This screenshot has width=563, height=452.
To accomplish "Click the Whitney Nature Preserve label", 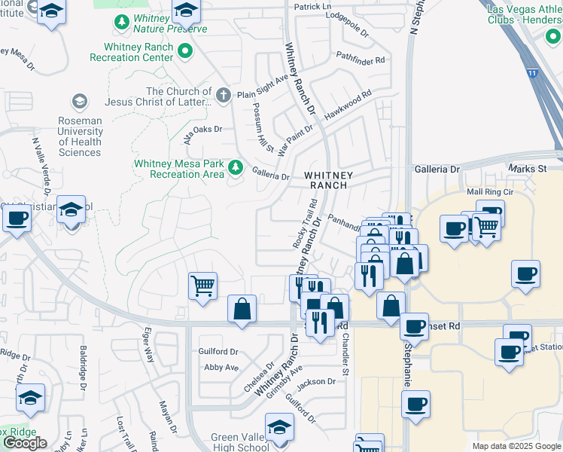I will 169,23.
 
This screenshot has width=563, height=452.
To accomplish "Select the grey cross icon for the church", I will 222,95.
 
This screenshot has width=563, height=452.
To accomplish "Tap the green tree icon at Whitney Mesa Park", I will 236,167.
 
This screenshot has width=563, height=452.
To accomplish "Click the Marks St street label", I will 527,169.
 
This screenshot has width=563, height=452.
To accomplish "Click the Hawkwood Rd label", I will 348,106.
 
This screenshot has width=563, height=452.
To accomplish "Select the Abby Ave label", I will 221,368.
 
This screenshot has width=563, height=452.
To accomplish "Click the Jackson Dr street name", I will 315,382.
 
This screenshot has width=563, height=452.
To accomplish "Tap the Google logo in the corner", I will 24,443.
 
